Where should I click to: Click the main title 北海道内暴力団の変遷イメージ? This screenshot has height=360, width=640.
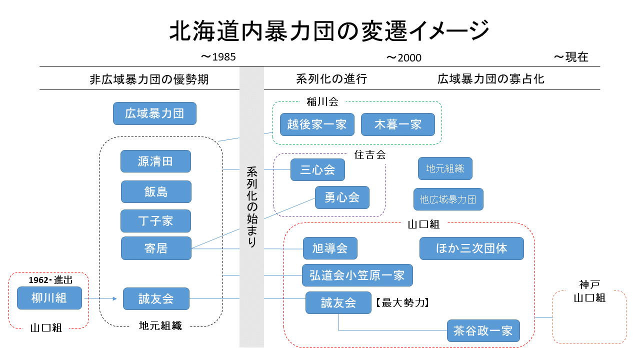point(329,31)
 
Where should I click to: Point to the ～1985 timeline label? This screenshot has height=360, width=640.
point(218,57)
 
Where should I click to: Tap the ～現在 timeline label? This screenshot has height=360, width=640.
point(571,57)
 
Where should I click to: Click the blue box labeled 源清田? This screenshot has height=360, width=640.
point(155,161)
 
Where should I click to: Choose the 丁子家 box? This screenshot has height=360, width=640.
point(155,221)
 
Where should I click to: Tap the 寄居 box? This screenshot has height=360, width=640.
point(155,248)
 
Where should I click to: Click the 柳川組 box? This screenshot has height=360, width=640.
point(49,298)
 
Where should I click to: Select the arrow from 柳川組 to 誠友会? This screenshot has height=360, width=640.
point(102,299)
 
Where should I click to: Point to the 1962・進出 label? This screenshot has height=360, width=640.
point(50,280)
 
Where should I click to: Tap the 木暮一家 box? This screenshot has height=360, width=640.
point(398,124)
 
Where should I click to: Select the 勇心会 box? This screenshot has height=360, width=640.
point(342,197)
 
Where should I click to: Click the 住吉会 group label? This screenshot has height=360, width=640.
point(370,155)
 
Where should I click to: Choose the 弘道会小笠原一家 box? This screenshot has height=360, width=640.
point(357,275)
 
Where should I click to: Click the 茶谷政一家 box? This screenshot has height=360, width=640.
point(483,330)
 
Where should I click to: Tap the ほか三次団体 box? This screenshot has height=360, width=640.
point(471,248)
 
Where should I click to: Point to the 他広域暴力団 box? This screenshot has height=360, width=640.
point(448,199)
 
